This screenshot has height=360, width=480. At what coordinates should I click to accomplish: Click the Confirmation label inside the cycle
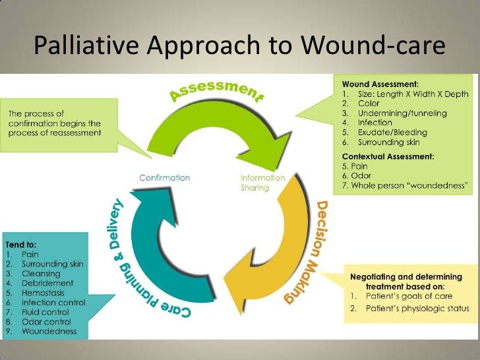164,177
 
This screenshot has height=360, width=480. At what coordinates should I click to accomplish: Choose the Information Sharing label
262,183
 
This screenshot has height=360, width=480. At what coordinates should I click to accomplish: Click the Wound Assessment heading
379,84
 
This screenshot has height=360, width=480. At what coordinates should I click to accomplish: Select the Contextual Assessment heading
388,156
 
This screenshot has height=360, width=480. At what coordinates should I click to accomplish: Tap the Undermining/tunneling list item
402,113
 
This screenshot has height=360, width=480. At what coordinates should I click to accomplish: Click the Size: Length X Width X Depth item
413,94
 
